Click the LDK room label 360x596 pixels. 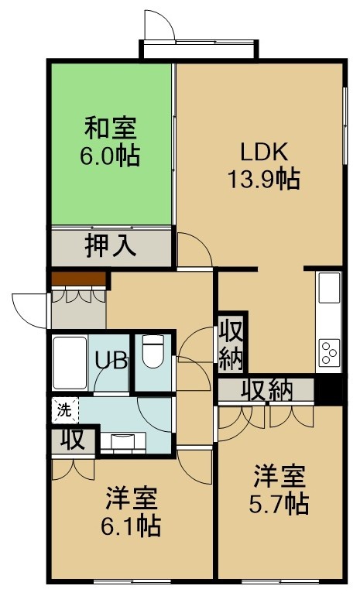point(264,152)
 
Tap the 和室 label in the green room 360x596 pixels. point(110,128)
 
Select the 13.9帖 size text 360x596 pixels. point(264,179)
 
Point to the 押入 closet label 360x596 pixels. point(110,245)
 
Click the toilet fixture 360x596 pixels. point(153,351)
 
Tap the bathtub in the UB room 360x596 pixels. point(70,363)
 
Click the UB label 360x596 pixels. point(111,361)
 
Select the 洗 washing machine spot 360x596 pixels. point(64,410)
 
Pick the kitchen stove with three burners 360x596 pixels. point(329,353)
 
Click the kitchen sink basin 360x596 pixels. point(329,288)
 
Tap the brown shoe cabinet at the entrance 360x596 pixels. point(79,279)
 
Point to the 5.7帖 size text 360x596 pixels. point(279,505)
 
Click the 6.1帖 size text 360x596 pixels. point(131,526)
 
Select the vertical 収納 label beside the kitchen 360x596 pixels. point(231,344)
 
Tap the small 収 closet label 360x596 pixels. point(73,440)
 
